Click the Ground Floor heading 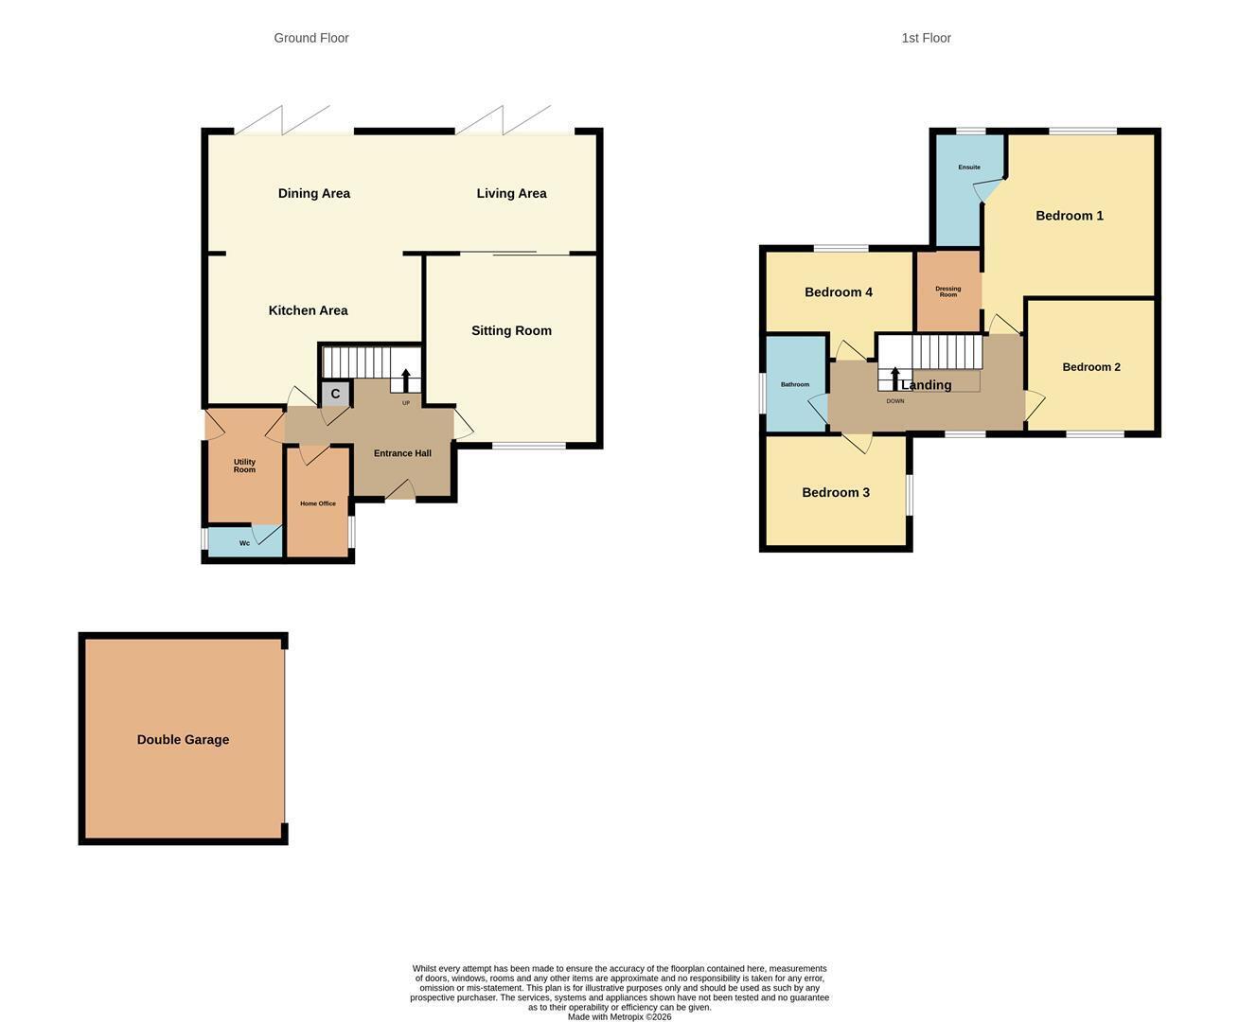(311, 38)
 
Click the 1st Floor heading (926, 38)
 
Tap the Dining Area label (314, 193)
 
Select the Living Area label (511, 193)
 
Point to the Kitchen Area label (308, 310)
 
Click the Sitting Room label (511, 330)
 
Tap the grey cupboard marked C (335, 394)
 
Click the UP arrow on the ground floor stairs (406, 380)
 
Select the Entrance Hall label (402, 453)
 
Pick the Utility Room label (244, 466)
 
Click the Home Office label (318, 503)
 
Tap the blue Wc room (244, 542)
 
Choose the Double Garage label (183, 740)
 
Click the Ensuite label (969, 167)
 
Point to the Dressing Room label (947, 291)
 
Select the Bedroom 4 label (838, 291)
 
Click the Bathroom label (794, 384)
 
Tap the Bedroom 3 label (836, 492)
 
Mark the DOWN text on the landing (894, 401)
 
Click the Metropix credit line (619, 1016)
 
